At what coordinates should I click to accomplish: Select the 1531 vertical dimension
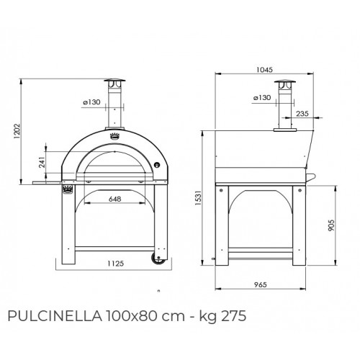pyautogui.click(x=208, y=194)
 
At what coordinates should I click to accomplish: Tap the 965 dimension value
pyautogui.click(x=262, y=285)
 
